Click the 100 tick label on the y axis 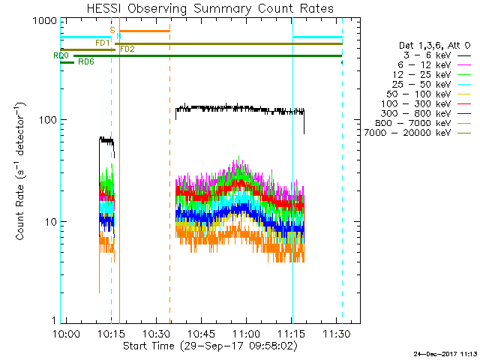point(46,121)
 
